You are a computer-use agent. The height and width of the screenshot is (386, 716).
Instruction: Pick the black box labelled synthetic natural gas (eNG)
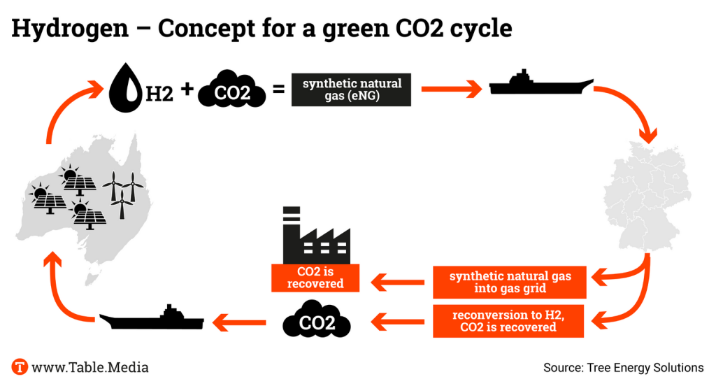352,90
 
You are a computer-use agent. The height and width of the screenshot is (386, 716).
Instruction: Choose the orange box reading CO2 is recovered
315,278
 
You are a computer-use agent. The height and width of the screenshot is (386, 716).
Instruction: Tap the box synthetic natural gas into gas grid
510,282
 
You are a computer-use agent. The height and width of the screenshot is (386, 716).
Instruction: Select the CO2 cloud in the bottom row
317,322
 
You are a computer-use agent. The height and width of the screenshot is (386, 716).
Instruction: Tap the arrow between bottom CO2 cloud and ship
241,322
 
